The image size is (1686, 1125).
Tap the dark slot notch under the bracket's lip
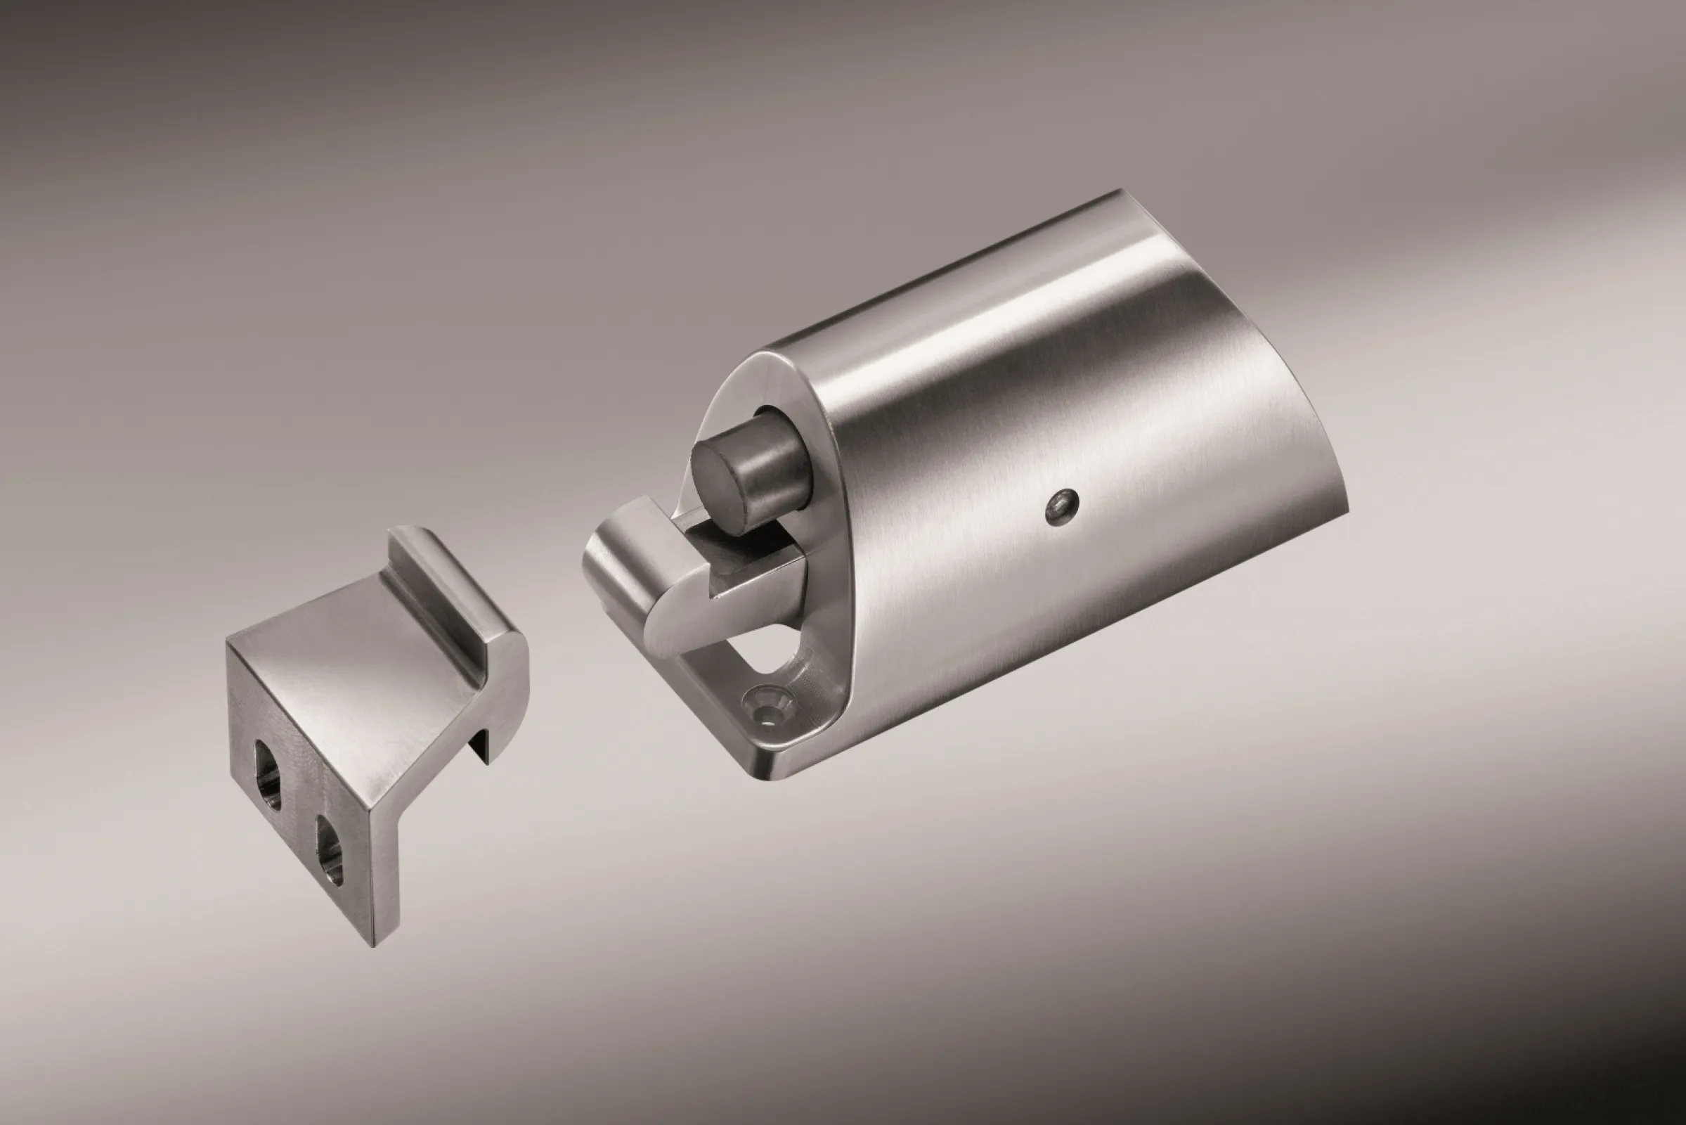tap(479, 746)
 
